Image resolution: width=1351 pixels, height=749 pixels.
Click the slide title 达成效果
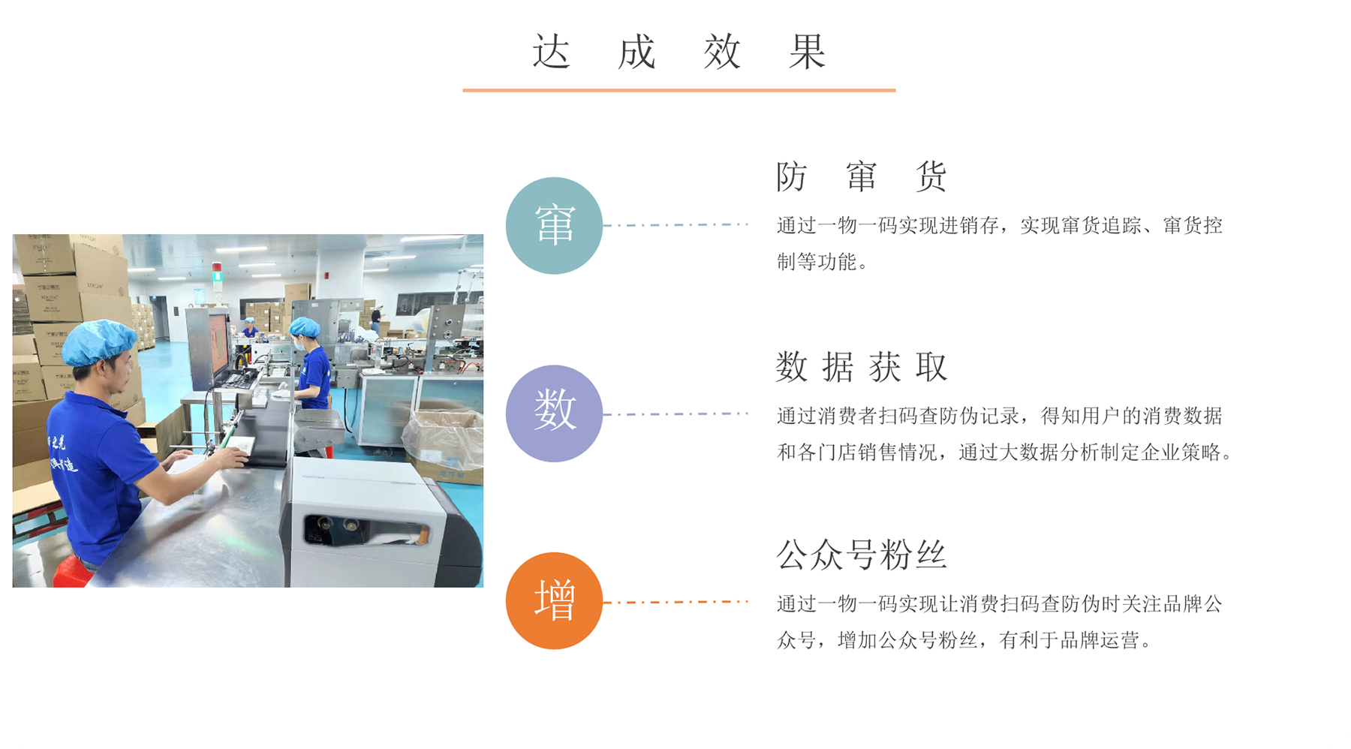pos(679,52)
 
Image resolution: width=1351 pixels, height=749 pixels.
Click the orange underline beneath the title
pos(679,90)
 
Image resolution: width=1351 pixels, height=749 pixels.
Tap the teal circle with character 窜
pos(554,225)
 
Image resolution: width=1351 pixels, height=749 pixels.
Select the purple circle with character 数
pos(554,414)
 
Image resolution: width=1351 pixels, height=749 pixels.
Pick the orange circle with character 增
pos(554,601)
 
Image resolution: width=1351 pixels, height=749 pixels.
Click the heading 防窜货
pos(862,177)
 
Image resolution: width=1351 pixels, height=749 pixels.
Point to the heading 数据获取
pos(862,367)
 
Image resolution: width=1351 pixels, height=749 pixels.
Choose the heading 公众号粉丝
pos(862,555)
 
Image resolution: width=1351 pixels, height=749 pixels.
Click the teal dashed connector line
pos(676,224)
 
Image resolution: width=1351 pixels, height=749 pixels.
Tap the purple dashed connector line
pos(676,414)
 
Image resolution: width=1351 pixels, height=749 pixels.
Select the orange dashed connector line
pos(676,602)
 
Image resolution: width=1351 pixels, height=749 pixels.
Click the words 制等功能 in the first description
pos(816,262)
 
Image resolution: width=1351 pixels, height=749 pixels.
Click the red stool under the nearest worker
pos(73,572)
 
